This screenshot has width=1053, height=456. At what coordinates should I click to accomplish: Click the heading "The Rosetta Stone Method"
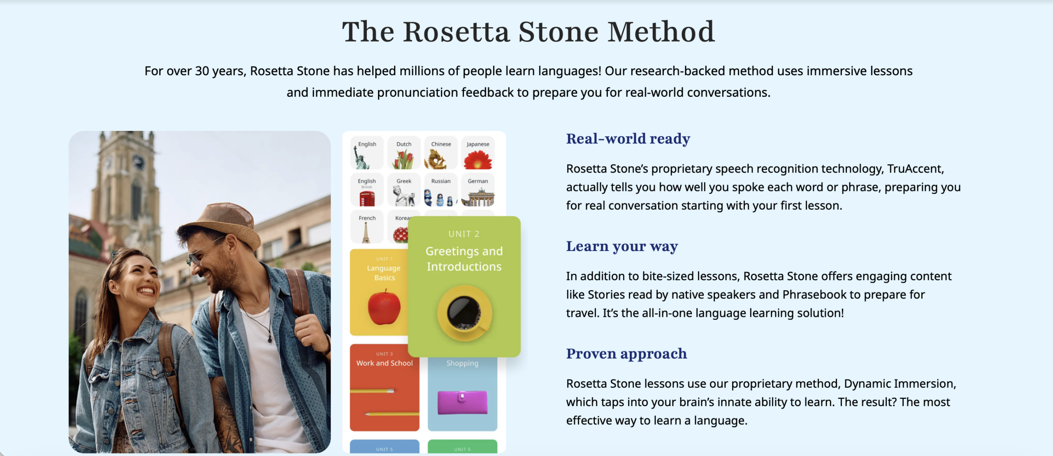528,32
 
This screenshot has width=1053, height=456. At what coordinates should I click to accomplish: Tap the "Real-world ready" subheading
628,139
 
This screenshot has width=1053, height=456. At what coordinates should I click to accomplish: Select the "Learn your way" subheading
622,247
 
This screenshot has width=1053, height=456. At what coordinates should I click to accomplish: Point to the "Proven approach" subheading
626,354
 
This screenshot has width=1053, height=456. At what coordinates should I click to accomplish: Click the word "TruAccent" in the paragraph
915,169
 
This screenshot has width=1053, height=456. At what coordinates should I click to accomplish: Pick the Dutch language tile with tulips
404,153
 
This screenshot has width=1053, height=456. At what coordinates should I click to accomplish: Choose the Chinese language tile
441,153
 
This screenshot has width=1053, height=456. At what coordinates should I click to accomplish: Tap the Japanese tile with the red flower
478,153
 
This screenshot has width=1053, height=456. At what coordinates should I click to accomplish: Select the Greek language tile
404,190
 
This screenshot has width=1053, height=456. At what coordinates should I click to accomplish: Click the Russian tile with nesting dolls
441,190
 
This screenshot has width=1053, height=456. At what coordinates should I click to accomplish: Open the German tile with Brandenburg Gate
478,190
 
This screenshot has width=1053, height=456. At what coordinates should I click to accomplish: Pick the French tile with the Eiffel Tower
367,227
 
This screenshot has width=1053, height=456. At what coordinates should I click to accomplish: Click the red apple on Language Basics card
384,307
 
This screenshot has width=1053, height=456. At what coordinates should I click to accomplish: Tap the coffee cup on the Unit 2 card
465,313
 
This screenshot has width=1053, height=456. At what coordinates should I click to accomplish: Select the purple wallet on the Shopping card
462,402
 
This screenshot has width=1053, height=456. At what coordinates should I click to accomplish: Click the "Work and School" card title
385,363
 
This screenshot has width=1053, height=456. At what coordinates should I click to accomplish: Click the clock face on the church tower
138,162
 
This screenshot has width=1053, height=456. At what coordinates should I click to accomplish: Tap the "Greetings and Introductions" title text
464,259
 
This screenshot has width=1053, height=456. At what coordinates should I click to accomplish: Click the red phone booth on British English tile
367,199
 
